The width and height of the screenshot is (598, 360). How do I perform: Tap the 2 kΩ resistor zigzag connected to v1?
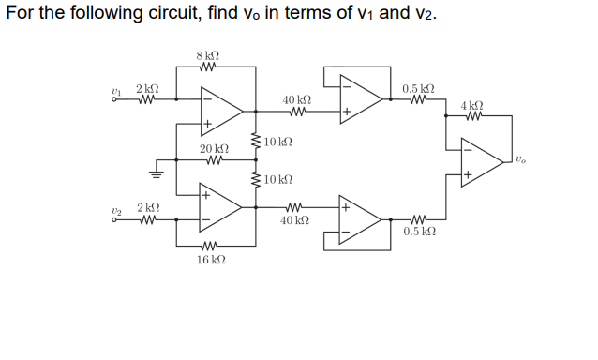click(147, 100)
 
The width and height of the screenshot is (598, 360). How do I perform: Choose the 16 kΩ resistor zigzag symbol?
click(209, 247)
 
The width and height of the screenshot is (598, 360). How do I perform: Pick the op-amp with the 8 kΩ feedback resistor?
click(221, 110)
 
